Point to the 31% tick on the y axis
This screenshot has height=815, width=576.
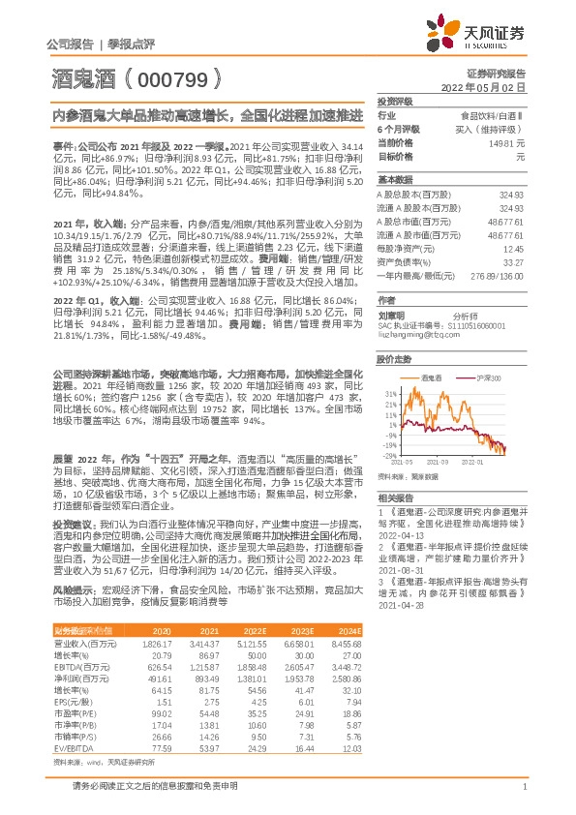pyautogui.click(x=390, y=395)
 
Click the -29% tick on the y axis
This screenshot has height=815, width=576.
pyautogui.click(x=388, y=455)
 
